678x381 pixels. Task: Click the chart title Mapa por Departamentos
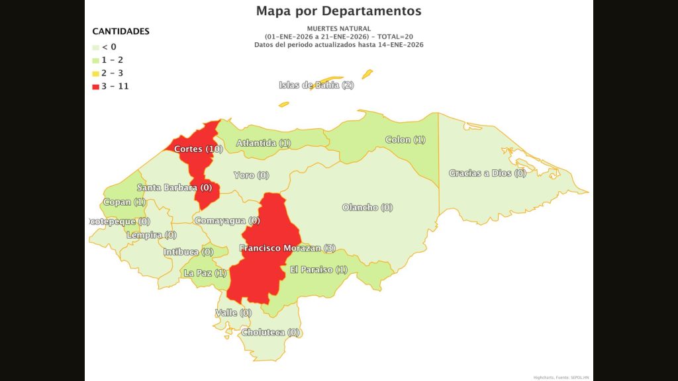pyautogui.click(x=338, y=11)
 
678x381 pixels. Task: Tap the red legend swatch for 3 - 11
pyautogui.click(x=96, y=87)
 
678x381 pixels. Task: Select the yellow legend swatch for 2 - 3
pyautogui.click(x=96, y=73)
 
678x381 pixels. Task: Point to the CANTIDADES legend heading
pyautogui.click(x=121, y=31)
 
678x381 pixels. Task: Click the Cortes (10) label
pyautogui.click(x=198, y=149)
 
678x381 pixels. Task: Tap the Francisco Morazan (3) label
pyautogui.click(x=287, y=249)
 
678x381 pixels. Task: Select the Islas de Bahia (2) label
pyautogui.click(x=316, y=85)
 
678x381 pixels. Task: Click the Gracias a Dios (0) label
pyautogui.click(x=487, y=173)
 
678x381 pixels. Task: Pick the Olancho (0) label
pyautogui.click(x=367, y=208)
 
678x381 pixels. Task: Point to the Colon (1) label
pyautogui.click(x=405, y=140)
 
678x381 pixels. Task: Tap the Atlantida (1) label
pyautogui.click(x=264, y=143)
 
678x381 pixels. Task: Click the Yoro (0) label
pyautogui.click(x=252, y=175)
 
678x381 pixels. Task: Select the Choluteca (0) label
pyautogui.click(x=271, y=332)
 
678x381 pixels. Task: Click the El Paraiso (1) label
pyautogui.click(x=319, y=270)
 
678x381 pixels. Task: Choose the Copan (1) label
pyautogui.click(x=124, y=202)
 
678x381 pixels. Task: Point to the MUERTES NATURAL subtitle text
pyautogui.click(x=338, y=28)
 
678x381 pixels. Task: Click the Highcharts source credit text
pyautogui.click(x=561, y=377)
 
